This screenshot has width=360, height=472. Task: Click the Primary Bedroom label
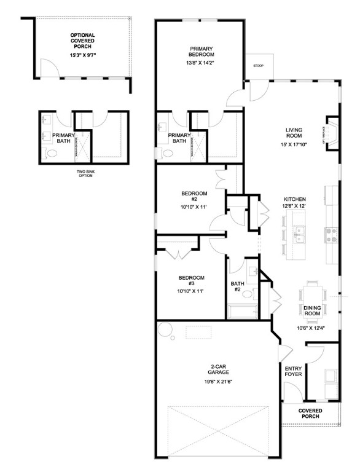pos(202,51)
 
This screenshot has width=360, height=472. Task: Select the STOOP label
pos(258,66)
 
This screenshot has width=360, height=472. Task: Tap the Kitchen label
pos(295,200)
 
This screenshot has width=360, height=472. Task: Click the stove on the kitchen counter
pos(331,234)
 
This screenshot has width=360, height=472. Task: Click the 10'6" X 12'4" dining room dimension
pos(311,328)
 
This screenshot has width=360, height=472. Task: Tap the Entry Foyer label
pos(292,373)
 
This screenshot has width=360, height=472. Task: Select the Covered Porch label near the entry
pos(310,414)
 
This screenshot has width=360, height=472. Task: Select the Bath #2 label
pos(238,286)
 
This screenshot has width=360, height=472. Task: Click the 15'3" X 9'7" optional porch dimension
pos(82,55)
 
